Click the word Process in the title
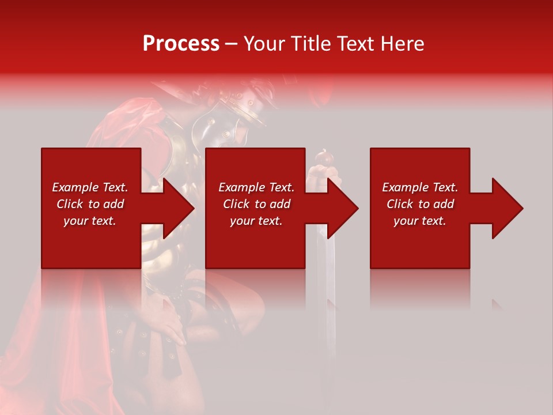pyautogui.click(x=181, y=44)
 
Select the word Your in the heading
pyautogui.click(x=266, y=44)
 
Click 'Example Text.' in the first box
pyautogui.click(x=90, y=187)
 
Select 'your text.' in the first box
pyautogui.click(x=90, y=221)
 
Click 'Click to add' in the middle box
pyautogui.click(x=256, y=204)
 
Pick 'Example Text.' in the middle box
pyautogui.click(x=256, y=187)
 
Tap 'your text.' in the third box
pyautogui.click(x=420, y=221)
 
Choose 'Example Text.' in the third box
pyautogui.click(x=420, y=187)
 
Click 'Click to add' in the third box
pyautogui.click(x=420, y=204)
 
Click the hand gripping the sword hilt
pyautogui.click(x=320, y=173)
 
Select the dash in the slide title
pyautogui.click(x=231, y=44)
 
